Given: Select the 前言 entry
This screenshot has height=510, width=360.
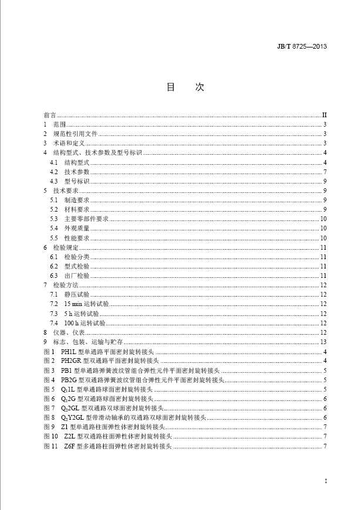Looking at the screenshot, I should pos(50,115).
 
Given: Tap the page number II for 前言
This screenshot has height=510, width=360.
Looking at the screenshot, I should pos(324,115).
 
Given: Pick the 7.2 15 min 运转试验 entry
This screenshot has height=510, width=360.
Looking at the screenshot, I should pos(79,304).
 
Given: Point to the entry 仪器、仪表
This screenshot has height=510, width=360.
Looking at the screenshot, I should pos(67,332).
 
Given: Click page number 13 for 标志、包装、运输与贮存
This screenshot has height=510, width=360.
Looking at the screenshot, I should pos(323,342).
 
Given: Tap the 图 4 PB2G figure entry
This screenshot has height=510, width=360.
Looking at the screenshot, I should pos(135,380).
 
